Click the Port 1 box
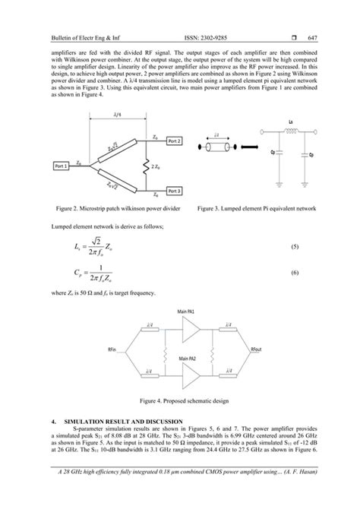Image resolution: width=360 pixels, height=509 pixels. pyautogui.click(x=61, y=165)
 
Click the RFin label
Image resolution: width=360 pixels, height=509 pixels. pyautogui.click(x=112, y=349)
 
